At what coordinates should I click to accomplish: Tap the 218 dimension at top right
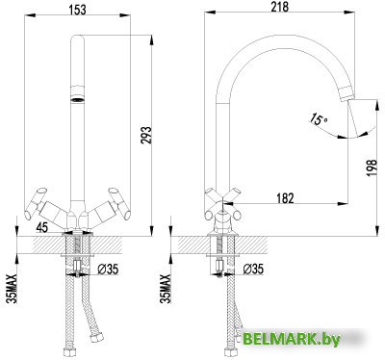[x=281, y=6]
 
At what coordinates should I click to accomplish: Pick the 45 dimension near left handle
[x=41, y=227]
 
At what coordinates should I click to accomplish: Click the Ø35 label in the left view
[x=110, y=270]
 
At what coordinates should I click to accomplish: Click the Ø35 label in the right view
[x=254, y=270]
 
